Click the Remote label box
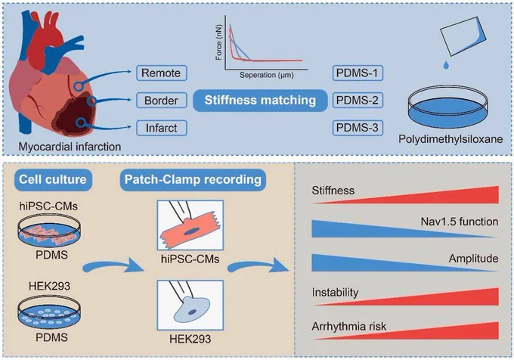(x=162, y=73)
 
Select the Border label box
(x=162, y=101)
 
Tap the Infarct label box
(x=162, y=128)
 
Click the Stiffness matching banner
(x=260, y=101)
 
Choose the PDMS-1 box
(x=358, y=73)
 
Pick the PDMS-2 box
(x=358, y=101)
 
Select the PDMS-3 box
(x=358, y=128)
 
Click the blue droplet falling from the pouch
(x=446, y=65)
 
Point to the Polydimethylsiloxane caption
(x=451, y=139)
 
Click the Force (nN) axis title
(x=218, y=42)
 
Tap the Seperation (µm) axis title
(x=267, y=75)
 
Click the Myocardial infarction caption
(x=70, y=146)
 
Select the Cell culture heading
(x=53, y=180)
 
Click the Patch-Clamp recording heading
(x=193, y=180)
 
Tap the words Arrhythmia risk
(x=349, y=327)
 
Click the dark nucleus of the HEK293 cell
(x=192, y=312)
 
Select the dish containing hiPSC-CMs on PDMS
(x=49, y=231)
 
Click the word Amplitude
(x=474, y=259)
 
